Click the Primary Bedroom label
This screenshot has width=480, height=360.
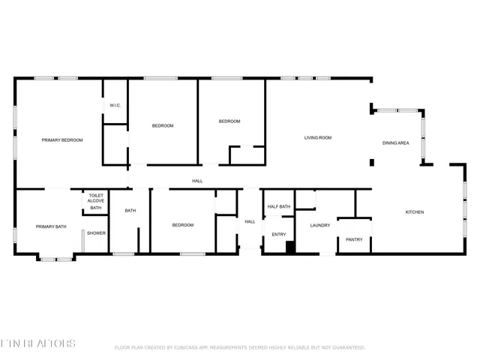tap(62, 140)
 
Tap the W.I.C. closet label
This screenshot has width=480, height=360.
tap(115, 105)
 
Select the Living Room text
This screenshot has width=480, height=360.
tap(318, 138)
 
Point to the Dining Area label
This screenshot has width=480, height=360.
tap(395, 142)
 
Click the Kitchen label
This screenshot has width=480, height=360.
tap(415, 212)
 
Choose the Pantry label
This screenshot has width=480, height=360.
tap(354, 240)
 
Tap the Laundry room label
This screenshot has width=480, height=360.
tap(320, 225)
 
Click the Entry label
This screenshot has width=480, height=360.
tap(279, 235)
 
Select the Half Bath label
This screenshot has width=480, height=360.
tap(279, 207)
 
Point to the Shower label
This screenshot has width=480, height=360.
tap(96, 233)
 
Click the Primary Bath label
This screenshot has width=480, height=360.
tap(51, 226)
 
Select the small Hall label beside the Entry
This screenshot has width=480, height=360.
tap(250, 221)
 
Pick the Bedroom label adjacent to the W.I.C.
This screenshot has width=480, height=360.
tap(163, 126)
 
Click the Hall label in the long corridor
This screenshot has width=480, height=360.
tap(197, 181)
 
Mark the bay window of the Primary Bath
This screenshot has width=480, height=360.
tap(56, 259)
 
